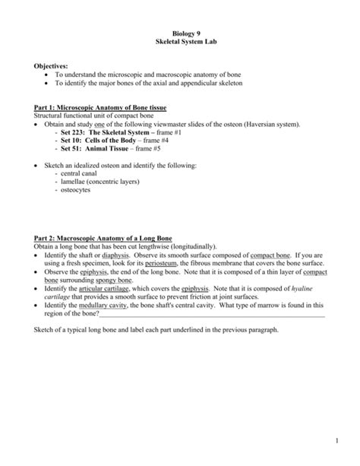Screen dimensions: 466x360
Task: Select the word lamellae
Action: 74,182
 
